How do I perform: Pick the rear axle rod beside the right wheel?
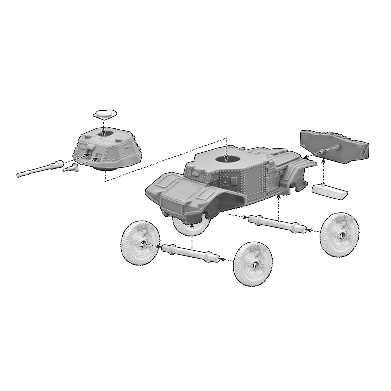[277, 224]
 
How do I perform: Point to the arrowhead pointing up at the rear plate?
[323, 160]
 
